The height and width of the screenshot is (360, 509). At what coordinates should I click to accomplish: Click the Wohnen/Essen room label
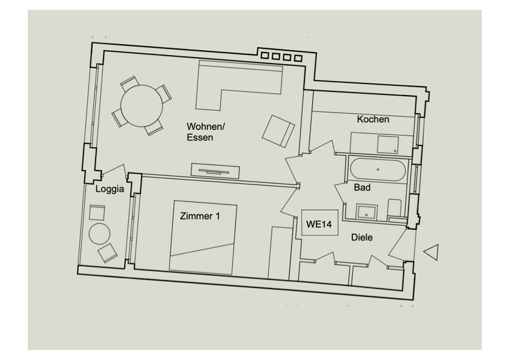(x=205, y=132)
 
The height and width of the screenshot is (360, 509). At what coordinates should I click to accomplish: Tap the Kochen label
(x=373, y=119)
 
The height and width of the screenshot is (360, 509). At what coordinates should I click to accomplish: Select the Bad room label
(x=362, y=188)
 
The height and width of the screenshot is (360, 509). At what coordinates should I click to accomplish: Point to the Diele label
(x=362, y=238)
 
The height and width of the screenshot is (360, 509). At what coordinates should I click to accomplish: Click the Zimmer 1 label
(x=200, y=215)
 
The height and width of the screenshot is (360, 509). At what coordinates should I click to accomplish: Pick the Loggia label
(x=110, y=189)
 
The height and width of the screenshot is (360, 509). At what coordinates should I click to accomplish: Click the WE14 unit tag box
(x=319, y=224)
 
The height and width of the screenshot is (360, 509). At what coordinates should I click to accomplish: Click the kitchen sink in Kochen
(x=387, y=145)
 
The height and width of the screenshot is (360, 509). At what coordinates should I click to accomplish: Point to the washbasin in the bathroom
(x=366, y=211)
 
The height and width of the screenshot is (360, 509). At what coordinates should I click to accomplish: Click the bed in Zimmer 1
(x=203, y=238)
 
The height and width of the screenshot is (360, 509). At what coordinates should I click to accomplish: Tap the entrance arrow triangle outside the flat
(x=430, y=252)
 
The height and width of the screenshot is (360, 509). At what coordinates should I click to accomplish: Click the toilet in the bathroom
(x=395, y=209)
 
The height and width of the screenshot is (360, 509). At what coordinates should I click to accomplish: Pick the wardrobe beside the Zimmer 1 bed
(x=280, y=253)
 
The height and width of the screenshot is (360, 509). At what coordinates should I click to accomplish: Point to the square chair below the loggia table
(x=108, y=252)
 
